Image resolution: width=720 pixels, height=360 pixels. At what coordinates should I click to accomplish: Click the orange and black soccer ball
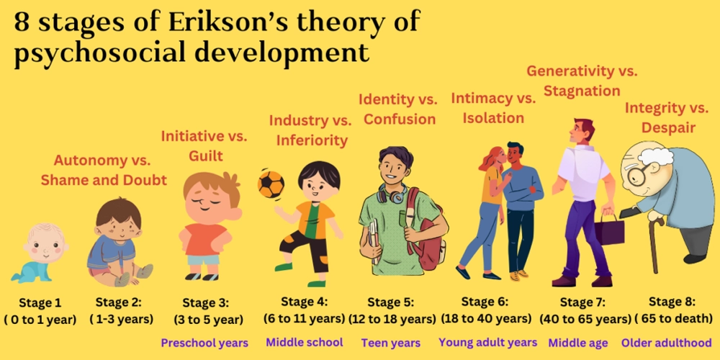click(x=271, y=184)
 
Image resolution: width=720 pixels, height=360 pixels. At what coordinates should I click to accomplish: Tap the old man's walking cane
click(x=654, y=243)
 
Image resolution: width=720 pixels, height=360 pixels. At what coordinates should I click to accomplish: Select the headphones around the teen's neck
click(x=392, y=193)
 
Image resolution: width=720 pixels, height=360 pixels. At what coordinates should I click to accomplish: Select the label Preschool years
click(x=204, y=343)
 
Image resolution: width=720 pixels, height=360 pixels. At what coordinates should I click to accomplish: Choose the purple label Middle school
click(x=305, y=342)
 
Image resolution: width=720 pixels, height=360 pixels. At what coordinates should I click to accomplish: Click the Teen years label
click(x=391, y=343)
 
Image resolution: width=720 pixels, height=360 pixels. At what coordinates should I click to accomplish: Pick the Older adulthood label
click(x=667, y=343)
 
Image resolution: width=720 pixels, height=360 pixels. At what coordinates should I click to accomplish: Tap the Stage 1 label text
click(x=40, y=302)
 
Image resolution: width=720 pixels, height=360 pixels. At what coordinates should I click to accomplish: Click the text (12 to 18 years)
click(x=392, y=318)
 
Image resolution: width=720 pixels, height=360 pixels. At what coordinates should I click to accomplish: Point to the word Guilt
click(x=206, y=156)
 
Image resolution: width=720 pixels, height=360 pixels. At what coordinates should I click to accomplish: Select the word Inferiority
click(x=312, y=140)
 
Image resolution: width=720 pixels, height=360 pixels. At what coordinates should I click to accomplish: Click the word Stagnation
click(x=582, y=91)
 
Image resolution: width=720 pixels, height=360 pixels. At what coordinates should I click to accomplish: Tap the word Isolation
click(x=493, y=118)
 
